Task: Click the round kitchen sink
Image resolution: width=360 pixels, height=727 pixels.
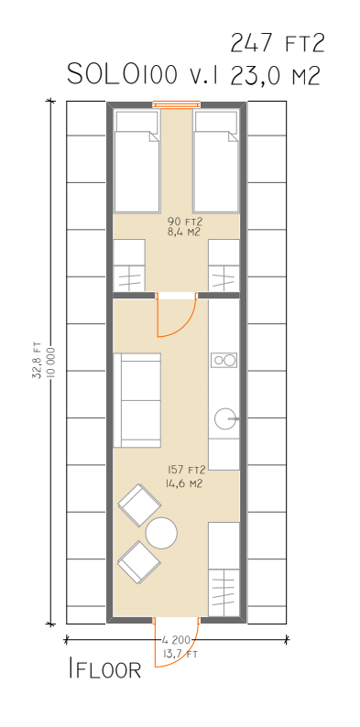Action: tap(224, 418)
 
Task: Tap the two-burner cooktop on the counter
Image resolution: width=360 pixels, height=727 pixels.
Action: tap(224, 360)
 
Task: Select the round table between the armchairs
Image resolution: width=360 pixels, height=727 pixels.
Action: tap(161, 533)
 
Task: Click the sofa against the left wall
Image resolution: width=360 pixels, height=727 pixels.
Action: tap(137, 400)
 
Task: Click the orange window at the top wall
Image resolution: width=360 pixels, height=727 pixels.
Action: tap(177, 104)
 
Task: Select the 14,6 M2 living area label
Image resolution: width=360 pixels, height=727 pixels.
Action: tap(184, 484)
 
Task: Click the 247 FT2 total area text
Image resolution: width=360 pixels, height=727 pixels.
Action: tap(277, 43)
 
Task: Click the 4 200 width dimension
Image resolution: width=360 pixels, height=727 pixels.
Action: tap(176, 640)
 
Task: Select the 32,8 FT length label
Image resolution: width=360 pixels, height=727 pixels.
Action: tap(37, 361)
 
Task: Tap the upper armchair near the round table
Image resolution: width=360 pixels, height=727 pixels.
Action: tap(139, 505)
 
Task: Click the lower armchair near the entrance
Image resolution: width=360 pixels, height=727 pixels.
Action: tap(138, 562)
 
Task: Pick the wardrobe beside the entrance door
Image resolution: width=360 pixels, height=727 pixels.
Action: tap(224, 570)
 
